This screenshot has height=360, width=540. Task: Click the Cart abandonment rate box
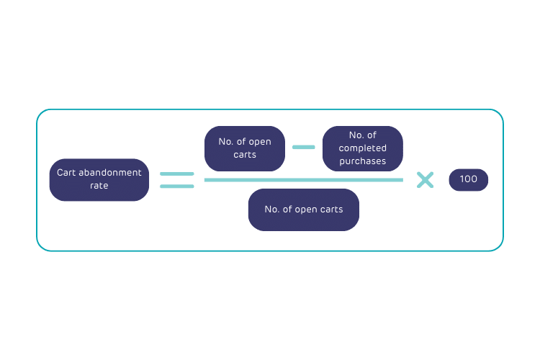[99, 179]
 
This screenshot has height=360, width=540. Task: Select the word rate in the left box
[99, 186]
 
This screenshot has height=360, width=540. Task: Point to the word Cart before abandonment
[66, 173]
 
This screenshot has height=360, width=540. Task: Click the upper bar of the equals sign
[176, 174]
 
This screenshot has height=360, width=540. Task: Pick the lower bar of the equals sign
[176, 186]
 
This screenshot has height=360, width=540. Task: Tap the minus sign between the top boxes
[303, 147]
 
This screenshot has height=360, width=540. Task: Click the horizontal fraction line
[303, 179]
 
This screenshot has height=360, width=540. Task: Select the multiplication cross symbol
[426, 180]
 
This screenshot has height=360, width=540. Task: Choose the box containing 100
[468, 179]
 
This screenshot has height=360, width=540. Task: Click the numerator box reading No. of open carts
[245, 148]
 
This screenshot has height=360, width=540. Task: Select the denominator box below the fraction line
[303, 210]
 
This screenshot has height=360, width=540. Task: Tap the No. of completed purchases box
[362, 148]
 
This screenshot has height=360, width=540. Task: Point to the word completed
[362, 148]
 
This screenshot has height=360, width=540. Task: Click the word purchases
[362, 161]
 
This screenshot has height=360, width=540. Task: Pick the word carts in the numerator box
[245, 155]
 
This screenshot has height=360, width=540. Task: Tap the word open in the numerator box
[260, 142]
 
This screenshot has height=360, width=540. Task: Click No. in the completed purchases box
[356, 135]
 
